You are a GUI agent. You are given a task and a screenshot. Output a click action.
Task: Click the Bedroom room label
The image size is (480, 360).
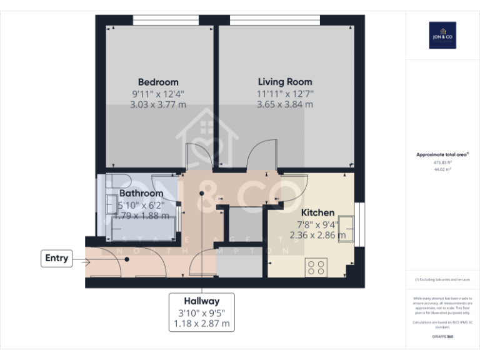[158, 82]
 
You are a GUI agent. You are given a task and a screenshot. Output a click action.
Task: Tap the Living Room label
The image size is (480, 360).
[285, 82]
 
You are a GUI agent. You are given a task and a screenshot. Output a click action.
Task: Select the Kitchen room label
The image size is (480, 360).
[317, 212]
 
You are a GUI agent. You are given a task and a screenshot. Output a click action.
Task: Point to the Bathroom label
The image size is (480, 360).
[141, 194]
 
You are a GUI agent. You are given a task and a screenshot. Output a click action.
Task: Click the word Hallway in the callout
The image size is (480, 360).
[202, 301]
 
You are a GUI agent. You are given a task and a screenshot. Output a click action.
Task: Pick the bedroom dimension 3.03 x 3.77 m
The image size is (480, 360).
[158, 105]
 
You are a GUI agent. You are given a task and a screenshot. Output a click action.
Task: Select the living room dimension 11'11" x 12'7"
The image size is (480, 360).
[285, 94]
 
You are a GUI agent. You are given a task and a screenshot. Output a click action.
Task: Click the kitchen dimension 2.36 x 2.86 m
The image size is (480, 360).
[317, 236]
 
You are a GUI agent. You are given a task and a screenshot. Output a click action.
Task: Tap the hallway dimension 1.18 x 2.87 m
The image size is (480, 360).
[202, 324]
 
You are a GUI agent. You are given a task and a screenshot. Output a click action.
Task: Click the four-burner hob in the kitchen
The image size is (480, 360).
[316, 267]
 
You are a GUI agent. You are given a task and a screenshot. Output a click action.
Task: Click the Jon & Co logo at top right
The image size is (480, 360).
[442, 35]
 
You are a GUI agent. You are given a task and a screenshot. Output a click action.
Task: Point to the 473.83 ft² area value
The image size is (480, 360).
[442, 162]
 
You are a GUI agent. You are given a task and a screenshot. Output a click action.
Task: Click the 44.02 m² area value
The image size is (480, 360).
[442, 169]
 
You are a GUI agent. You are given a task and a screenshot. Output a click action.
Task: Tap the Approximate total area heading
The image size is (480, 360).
[442, 154]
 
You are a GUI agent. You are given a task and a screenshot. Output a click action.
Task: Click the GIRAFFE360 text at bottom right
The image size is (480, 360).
[442, 336]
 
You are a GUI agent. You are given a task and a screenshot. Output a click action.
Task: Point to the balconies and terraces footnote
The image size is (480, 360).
[442, 279]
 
